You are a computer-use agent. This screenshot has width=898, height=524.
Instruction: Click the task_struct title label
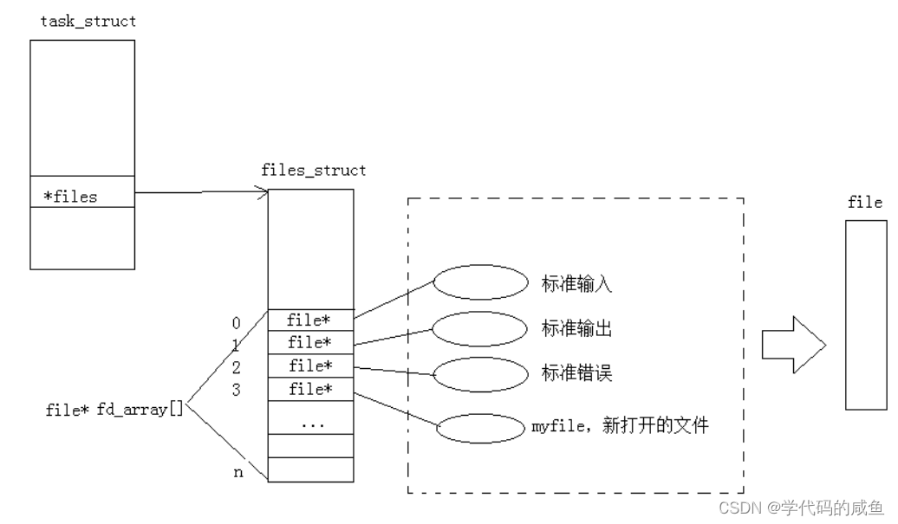88,22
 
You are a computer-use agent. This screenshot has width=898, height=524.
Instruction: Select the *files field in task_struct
71,197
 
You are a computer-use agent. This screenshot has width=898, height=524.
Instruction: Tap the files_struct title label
314,171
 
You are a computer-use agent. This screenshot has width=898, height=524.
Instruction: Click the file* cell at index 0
310,321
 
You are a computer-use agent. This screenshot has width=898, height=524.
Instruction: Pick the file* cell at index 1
310,343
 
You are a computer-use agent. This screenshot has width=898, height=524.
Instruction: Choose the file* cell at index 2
310,366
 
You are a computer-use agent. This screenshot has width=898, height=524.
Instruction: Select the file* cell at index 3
310,389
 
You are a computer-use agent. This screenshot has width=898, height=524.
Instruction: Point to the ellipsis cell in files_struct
310,424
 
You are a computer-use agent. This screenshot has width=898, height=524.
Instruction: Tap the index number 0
236,323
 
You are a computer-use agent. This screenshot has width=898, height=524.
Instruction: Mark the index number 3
236,390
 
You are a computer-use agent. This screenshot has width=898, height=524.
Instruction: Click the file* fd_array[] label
114,410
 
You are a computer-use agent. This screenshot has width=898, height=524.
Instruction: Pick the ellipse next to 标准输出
480,328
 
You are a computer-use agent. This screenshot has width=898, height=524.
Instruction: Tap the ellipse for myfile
480,427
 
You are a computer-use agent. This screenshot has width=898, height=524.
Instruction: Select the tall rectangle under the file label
864,314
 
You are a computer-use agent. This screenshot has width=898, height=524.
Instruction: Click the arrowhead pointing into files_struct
262,193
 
